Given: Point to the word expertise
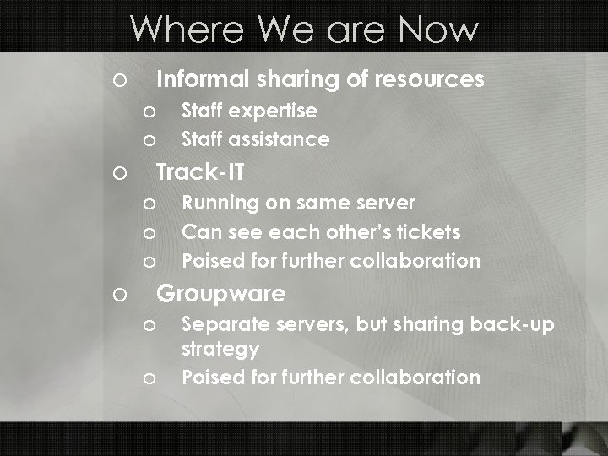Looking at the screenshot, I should point(274,111).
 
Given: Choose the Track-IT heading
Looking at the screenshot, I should point(201,172).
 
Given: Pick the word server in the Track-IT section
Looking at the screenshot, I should point(384,204).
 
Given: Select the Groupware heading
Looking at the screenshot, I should point(221,294).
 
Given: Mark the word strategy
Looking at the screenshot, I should point(220,348).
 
